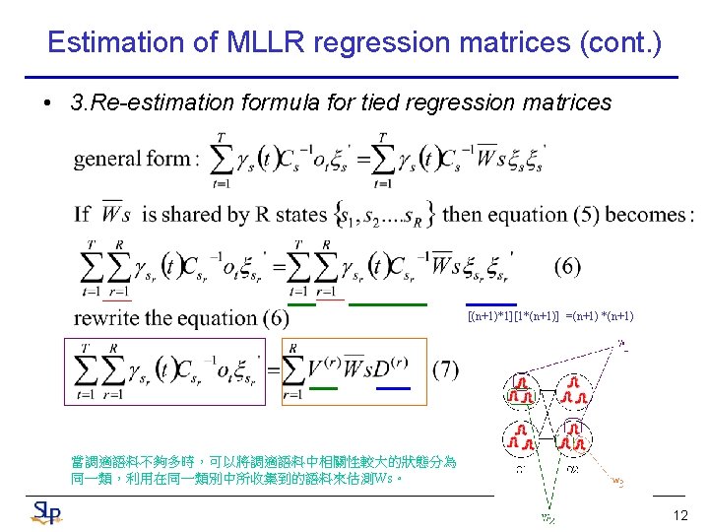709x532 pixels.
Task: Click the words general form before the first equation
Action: [x=132, y=158]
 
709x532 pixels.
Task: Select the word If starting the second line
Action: [x=83, y=214]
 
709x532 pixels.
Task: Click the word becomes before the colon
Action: [x=645, y=214]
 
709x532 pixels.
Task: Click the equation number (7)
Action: [x=445, y=368]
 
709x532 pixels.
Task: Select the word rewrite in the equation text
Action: [x=106, y=317]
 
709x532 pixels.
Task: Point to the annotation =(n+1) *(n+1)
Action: [x=599, y=316]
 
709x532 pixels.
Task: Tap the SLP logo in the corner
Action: [x=47, y=511]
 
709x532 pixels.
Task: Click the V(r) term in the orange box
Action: [x=324, y=367]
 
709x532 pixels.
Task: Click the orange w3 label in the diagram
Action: [x=617, y=481]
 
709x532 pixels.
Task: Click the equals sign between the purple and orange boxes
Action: [x=274, y=368]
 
